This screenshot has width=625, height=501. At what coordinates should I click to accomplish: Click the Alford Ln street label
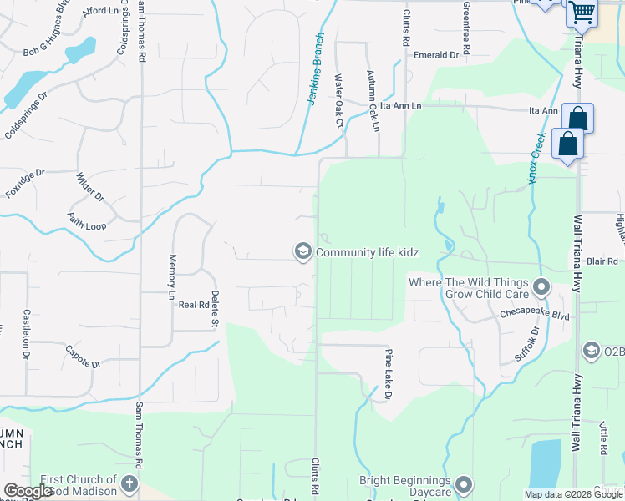coord(102,11)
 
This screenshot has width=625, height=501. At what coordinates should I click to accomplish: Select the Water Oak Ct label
coord(339,101)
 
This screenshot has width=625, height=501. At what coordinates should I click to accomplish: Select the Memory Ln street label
coord(172,277)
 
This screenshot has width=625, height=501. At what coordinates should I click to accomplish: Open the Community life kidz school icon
coord(302,251)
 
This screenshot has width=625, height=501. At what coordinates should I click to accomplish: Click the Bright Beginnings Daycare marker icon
coord(465,484)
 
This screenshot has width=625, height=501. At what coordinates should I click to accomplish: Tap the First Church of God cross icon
coord(130,484)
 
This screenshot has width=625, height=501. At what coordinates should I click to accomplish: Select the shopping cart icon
coord(582,13)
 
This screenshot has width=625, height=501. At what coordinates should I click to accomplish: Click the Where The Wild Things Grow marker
coord(541,289)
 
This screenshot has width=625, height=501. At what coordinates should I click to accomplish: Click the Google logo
coord(28,491)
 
